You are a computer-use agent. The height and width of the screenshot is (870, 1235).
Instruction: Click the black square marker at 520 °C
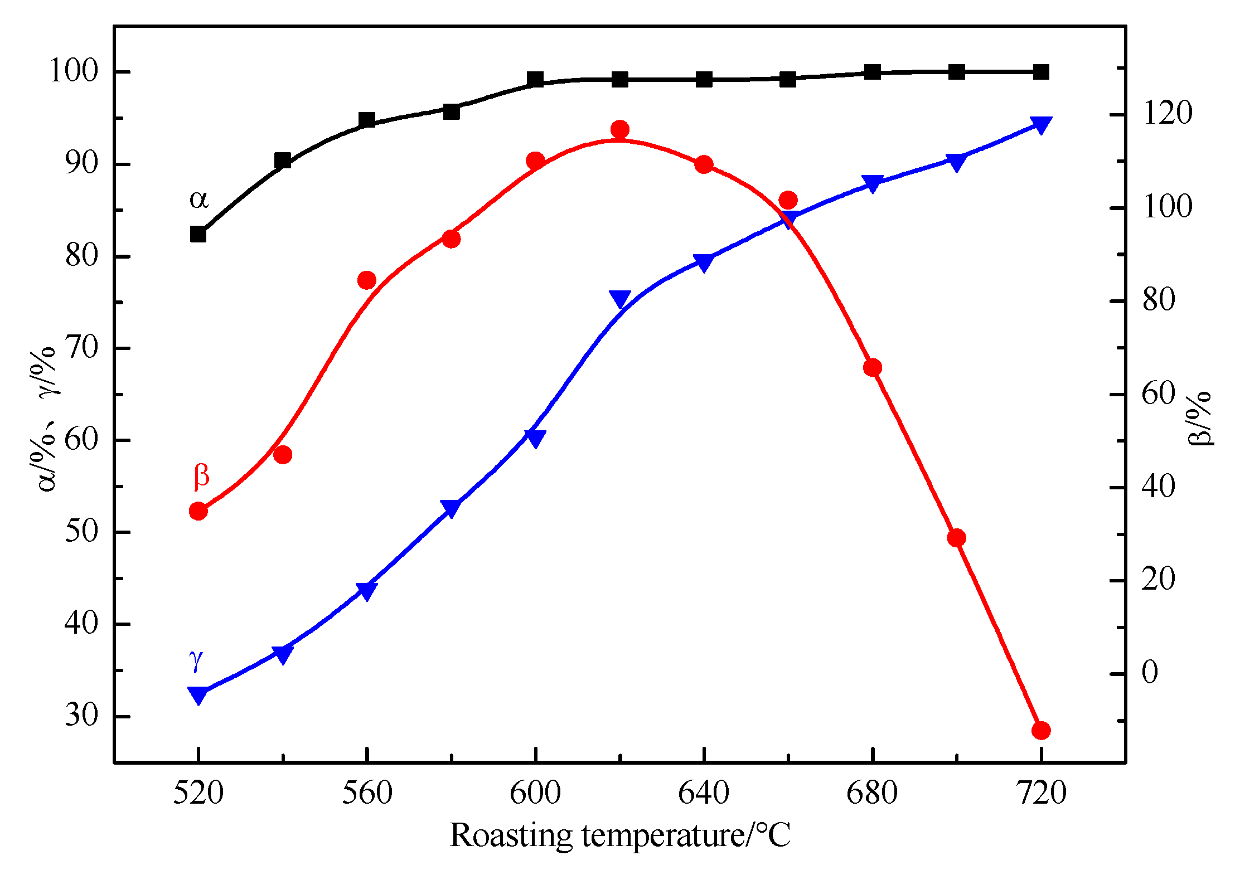[198, 234]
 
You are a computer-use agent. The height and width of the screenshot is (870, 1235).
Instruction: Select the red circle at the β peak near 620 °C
[619, 130]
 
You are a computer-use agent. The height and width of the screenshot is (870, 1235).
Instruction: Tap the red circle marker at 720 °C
[1041, 730]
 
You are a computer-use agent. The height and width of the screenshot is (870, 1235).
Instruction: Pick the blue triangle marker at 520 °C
[198, 694]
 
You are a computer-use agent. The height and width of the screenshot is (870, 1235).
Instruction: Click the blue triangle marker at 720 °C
[1041, 124]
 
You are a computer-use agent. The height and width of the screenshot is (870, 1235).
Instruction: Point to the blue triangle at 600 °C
[535, 438]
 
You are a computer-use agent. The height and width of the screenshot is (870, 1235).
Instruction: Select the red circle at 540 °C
[283, 455]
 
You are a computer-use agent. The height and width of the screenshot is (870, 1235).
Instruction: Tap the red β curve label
[201, 475]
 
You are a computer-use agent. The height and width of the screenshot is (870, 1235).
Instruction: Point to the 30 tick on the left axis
[81, 716]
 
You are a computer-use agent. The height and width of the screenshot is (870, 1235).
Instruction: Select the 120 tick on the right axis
[1168, 113]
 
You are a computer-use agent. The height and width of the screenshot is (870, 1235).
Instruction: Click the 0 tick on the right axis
[1150, 672]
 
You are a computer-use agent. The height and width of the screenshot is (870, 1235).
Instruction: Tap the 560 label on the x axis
[367, 793]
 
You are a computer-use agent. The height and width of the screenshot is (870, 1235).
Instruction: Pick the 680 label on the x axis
[872, 793]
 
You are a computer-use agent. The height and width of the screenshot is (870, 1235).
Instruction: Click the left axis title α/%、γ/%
[47, 419]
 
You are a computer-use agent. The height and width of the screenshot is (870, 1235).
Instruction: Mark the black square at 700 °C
[956, 71]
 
